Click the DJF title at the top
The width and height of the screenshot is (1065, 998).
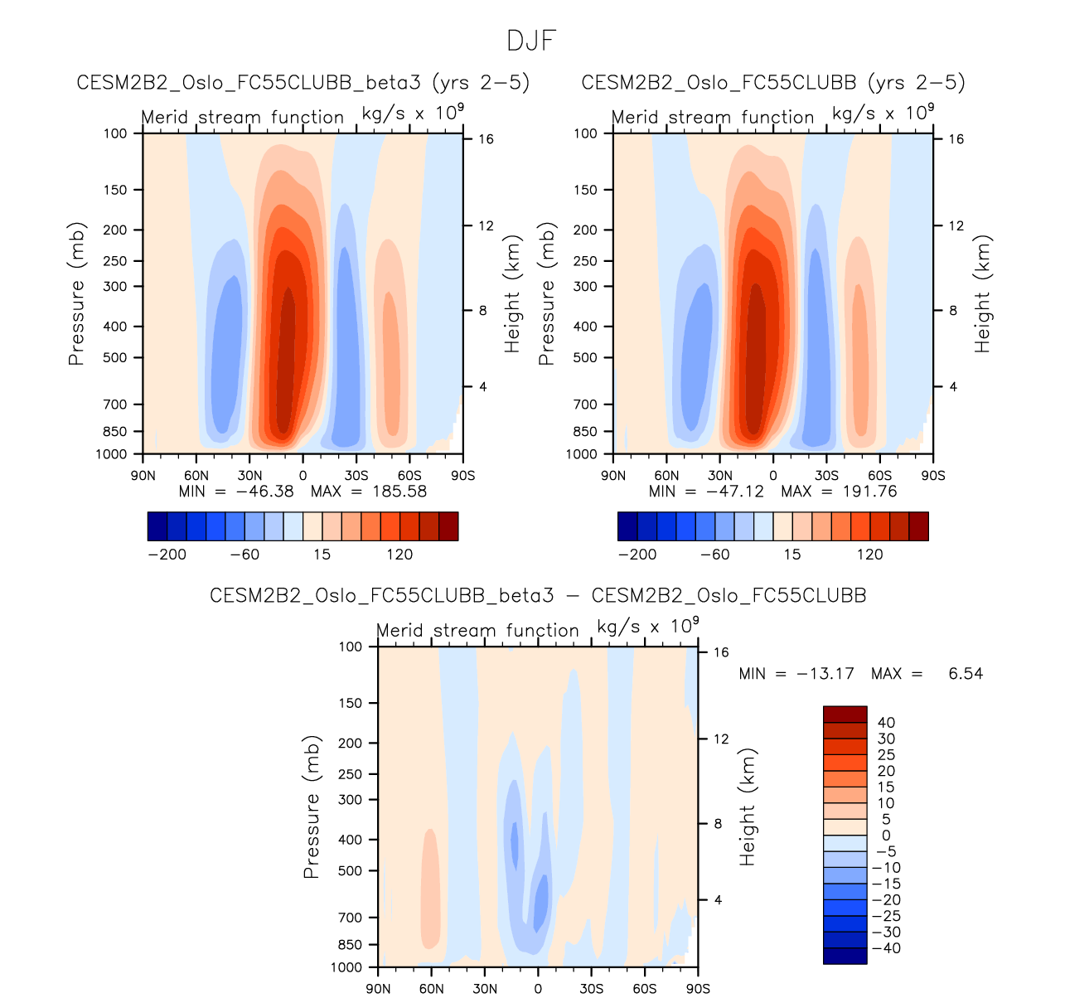(531, 41)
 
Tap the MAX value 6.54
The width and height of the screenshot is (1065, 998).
(966, 674)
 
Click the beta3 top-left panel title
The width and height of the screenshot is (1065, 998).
(303, 83)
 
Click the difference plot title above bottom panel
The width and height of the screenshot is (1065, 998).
(538, 596)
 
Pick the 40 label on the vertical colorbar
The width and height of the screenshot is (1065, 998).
(886, 723)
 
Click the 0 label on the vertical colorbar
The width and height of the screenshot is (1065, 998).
(886, 836)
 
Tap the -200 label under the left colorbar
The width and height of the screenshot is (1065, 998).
(167, 555)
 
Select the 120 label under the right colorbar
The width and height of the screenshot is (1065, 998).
(870, 555)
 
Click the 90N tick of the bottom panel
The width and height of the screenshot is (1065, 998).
(378, 989)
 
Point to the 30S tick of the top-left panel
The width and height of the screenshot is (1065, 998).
(356, 476)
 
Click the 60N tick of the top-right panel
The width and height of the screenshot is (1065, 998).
(666, 476)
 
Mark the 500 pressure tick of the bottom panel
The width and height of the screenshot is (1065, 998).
(351, 871)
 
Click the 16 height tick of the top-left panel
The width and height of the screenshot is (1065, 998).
(487, 139)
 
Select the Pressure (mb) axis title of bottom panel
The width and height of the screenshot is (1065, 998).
(312, 807)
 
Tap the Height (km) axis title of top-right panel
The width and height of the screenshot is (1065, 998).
(983, 294)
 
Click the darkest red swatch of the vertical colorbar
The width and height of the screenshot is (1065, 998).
(845, 715)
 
